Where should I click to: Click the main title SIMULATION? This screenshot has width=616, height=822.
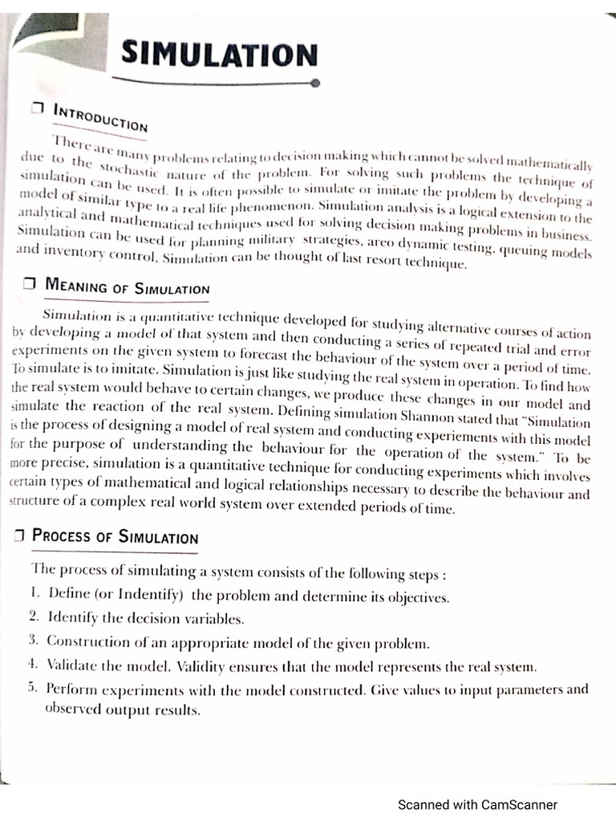[x=219, y=55]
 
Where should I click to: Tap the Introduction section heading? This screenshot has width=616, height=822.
[x=100, y=117]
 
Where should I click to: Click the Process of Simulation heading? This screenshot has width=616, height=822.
[x=115, y=536]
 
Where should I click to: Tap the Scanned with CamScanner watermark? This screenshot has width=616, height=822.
[x=478, y=805]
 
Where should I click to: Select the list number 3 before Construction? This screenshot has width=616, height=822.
[x=33, y=641]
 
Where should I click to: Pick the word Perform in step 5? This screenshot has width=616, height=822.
[x=70, y=688]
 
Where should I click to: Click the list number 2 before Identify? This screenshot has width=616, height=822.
[x=33, y=617]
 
